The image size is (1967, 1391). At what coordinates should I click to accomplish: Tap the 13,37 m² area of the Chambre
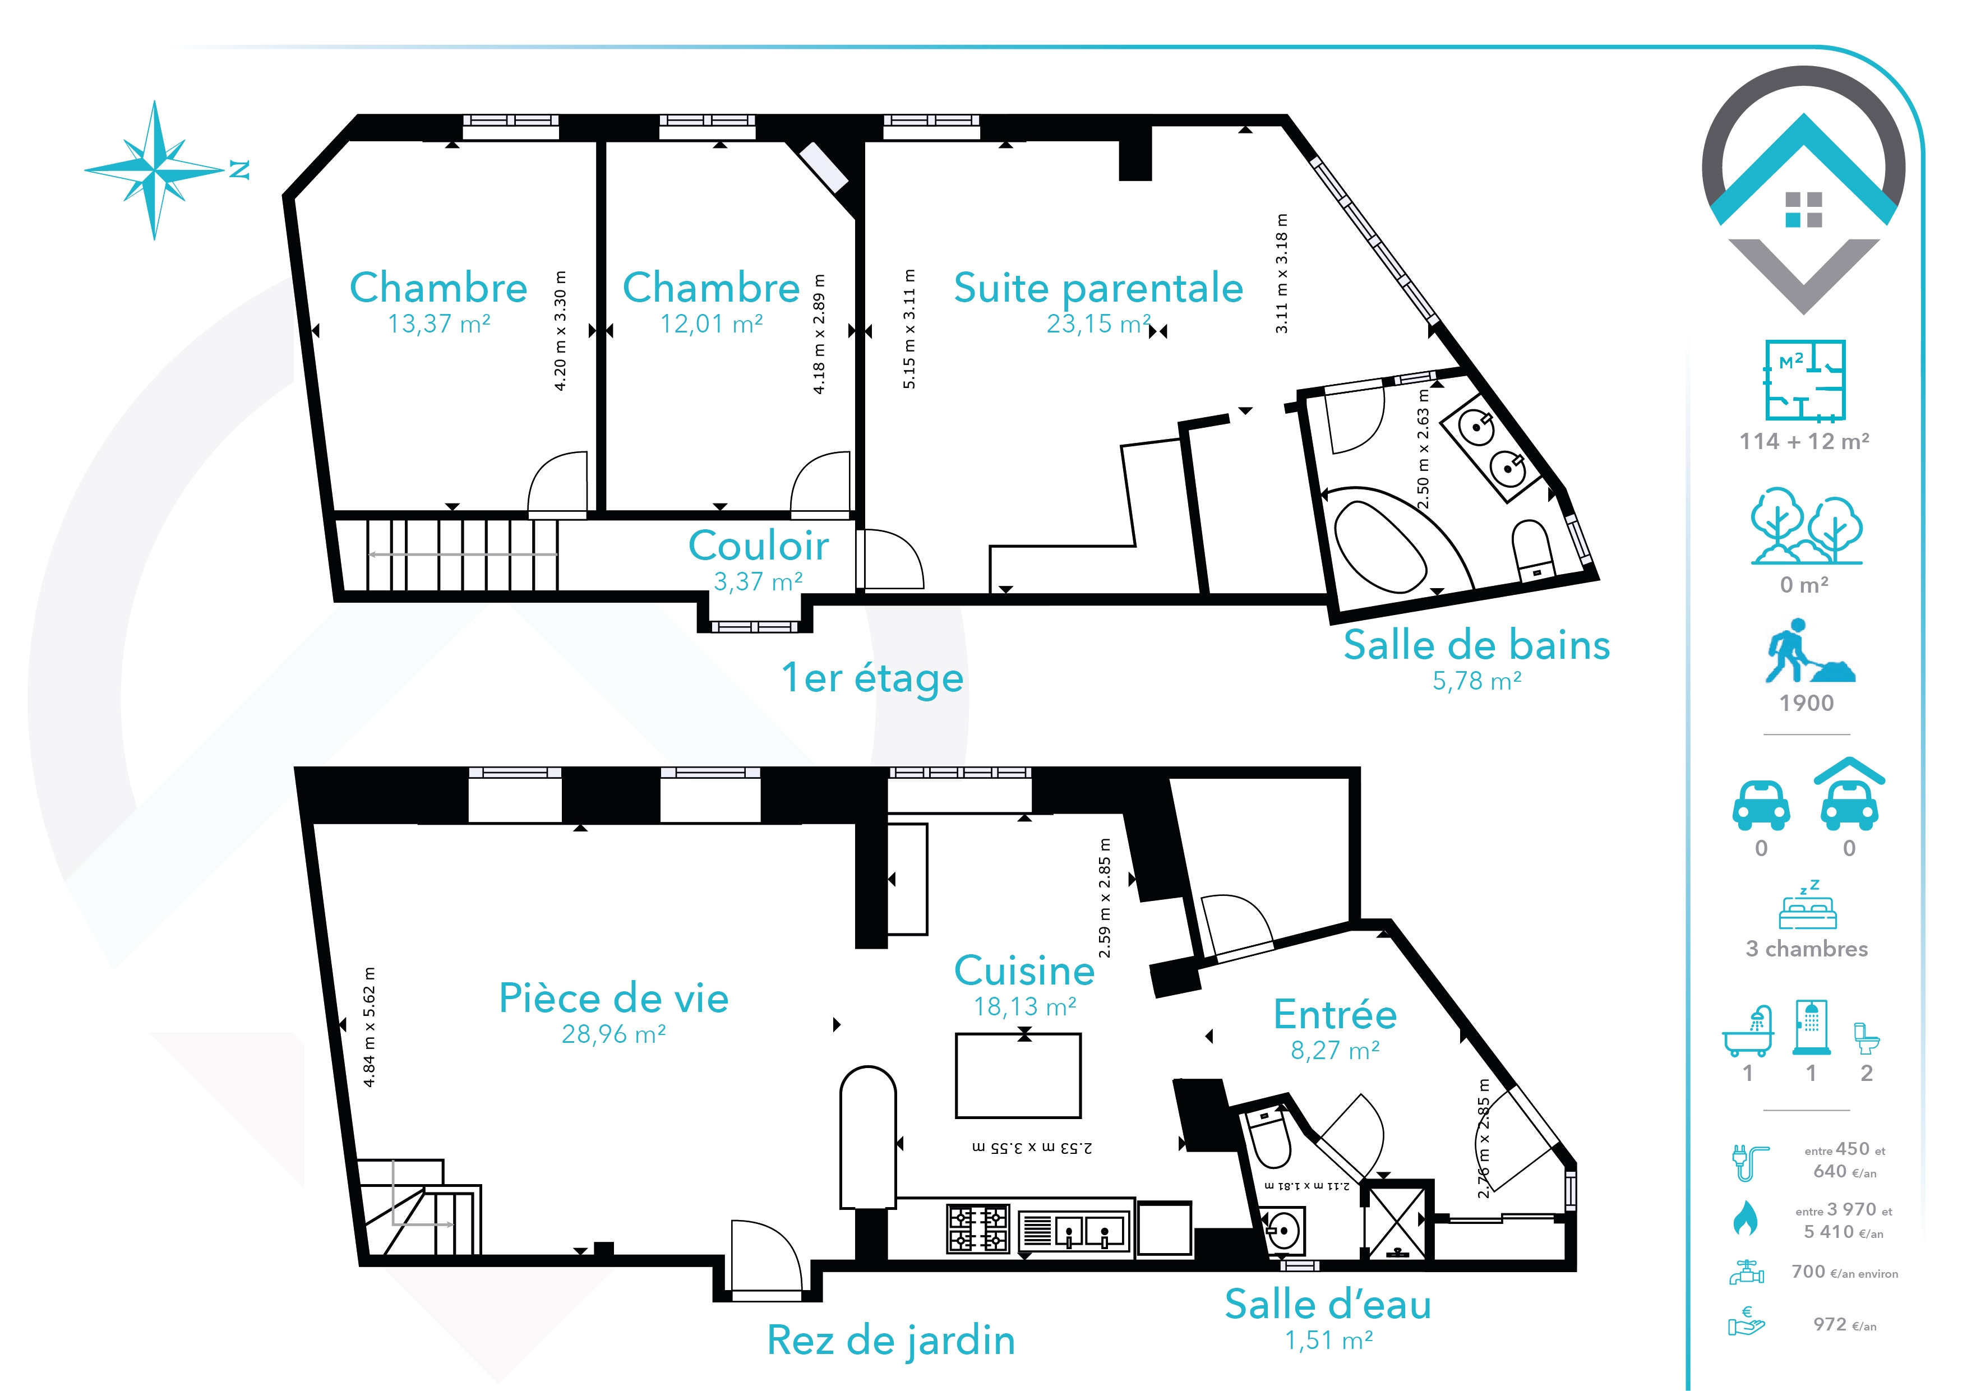(438, 324)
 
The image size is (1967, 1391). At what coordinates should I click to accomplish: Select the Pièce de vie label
(613, 999)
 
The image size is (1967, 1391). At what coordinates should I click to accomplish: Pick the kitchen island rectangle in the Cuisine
(1018, 1076)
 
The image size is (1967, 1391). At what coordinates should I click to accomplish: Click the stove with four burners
(977, 1228)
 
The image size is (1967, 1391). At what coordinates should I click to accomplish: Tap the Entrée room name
(1335, 1014)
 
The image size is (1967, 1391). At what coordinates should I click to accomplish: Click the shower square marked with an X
(1396, 1222)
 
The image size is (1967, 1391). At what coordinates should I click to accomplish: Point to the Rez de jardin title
(891, 1341)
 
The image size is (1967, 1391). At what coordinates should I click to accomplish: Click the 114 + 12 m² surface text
(1804, 441)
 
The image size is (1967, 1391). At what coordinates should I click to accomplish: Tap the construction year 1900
(1806, 703)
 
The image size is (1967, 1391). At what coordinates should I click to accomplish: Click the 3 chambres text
(1807, 949)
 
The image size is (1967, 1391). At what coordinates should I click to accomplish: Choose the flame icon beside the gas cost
(1744, 1219)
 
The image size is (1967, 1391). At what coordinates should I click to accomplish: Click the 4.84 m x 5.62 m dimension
(370, 1027)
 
